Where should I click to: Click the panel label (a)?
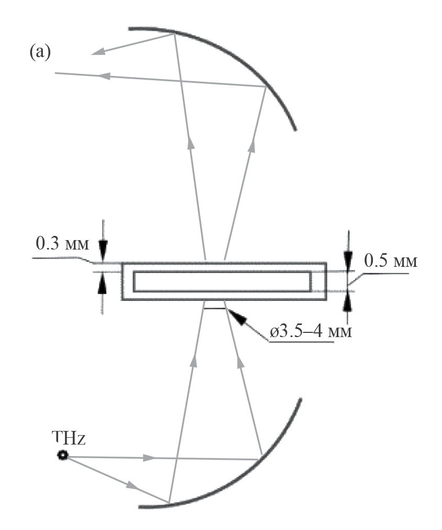40,53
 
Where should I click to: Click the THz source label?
69,438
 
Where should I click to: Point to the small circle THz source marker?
62,456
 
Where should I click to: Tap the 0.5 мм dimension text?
391,261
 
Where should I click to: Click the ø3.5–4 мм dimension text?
311,332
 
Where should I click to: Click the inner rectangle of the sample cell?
222,281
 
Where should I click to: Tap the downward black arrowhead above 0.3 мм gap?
103,249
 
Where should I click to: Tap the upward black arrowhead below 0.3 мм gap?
103,286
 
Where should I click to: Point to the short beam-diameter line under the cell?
214,308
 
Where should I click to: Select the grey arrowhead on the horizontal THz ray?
149,458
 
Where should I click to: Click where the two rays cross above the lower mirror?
175,459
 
